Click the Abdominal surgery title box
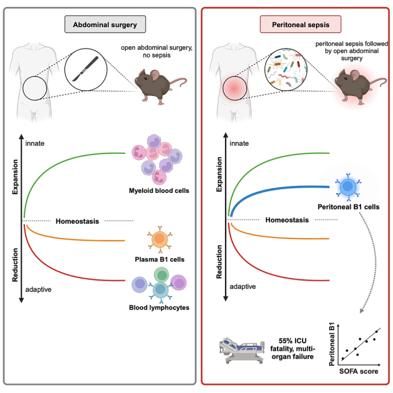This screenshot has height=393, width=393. (x=105, y=24)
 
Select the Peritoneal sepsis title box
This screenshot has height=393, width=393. (x=301, y=24)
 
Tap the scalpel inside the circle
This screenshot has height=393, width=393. (x=85, y=69)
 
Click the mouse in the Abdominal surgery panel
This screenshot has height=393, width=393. (x=160, y=86)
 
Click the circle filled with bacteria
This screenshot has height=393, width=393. (x=286, y=69)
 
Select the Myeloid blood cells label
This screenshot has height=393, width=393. (x=159, y=191)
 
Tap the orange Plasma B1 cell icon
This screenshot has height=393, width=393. (x=160, y=239)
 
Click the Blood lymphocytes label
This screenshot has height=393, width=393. (x=159, y=308)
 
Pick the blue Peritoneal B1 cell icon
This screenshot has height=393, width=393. (x=348, y=186)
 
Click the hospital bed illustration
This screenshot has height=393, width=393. (x=242, y=350)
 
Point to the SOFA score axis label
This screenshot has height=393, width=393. (x=359, y=371)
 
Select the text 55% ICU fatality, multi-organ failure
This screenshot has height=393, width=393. (x=292, y=349)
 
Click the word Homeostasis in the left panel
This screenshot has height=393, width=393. (x=77, y=221)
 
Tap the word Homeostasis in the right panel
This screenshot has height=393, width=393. (x=287, y=220)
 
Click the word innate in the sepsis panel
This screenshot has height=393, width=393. (x=239, y=143)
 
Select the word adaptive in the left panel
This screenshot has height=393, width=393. (x=38, y=289)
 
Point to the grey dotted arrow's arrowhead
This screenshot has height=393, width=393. (x=362, y=311)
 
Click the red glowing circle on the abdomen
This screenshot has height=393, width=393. (x=234, y=88)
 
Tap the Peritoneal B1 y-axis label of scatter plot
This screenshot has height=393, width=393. (x=331, y=344)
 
